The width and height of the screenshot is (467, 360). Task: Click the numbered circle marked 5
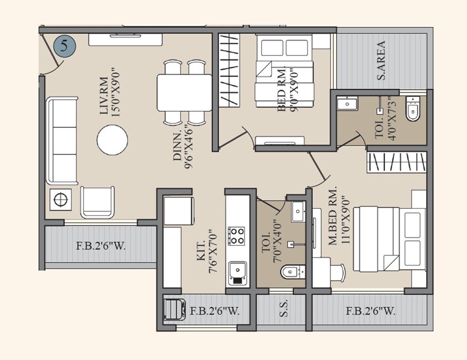click(64, 46)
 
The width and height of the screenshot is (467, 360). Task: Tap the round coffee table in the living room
click(112, 140)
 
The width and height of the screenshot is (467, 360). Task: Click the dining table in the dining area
click(184, 92)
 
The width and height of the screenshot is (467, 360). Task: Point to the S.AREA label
click(381, 61)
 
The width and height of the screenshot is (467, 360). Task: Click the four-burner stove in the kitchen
click(237, 236)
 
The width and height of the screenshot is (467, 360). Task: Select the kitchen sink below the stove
click(238, 272)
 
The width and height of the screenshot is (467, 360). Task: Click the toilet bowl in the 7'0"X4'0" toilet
click(292, 272)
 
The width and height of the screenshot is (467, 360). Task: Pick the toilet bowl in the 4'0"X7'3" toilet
click(413, 109)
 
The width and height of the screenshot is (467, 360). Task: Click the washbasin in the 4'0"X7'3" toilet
click(348, 104)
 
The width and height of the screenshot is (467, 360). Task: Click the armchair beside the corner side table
click(98, 202)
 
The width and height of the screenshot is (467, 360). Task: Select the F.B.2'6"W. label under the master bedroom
click(370, 311)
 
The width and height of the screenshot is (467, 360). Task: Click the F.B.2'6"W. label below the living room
click(101, 245)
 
